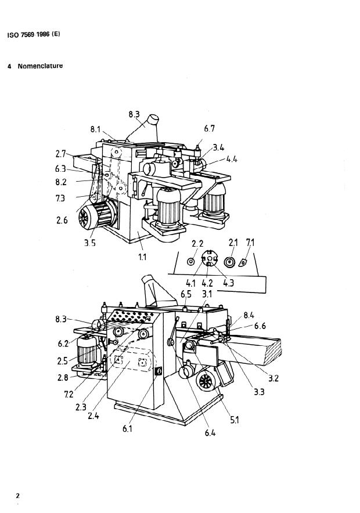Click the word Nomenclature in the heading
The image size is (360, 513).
(40, 66)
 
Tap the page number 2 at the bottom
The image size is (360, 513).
(17, 496)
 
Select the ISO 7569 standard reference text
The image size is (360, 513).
(34, 34)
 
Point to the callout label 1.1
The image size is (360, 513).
(142, 257)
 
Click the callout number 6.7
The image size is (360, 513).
(209, 129)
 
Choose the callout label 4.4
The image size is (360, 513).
(232, 160)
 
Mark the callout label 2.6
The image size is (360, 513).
(62, 220)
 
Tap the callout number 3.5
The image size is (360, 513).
(89, 243)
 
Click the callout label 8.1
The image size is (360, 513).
(96, 129)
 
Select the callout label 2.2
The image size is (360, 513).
(197, 243)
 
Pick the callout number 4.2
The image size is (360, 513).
(207, 283)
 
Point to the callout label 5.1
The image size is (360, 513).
(235, 420)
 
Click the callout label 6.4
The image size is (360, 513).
(210, 433)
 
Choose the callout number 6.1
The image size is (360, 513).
(127, 429)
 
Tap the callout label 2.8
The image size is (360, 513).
(63, 378)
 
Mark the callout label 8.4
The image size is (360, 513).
(249, 315)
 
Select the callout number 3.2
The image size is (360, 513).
(273, 378)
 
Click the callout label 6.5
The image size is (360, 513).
(186, 294)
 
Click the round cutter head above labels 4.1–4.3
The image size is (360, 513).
(210, 258)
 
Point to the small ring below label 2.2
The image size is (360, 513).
(191, 262)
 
